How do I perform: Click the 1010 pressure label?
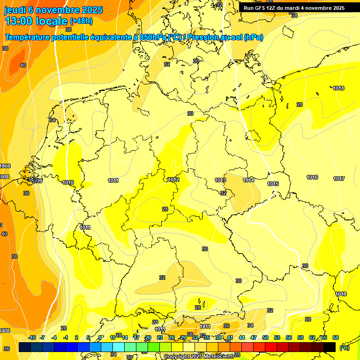coord(68,182)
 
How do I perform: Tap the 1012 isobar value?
coord(173,180)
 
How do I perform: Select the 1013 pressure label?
coord(220,180)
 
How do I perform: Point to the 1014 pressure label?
coord(248,180)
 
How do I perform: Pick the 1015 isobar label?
coord(273,184)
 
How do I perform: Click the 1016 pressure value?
coord(312,177)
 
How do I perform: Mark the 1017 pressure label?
coord(339,179)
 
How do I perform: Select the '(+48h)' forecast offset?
coord(82,21)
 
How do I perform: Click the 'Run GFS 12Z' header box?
coord(294,8)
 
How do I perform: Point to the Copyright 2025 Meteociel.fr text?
coord(198,356)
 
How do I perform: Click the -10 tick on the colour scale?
coord(32,337)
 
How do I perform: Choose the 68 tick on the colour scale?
coord(336,337)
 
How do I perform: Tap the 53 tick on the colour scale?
coord(277,337)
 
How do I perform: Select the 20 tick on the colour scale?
coord(148,337)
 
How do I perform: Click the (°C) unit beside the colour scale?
coord(344,347)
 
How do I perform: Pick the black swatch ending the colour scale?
coord(330,347)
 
